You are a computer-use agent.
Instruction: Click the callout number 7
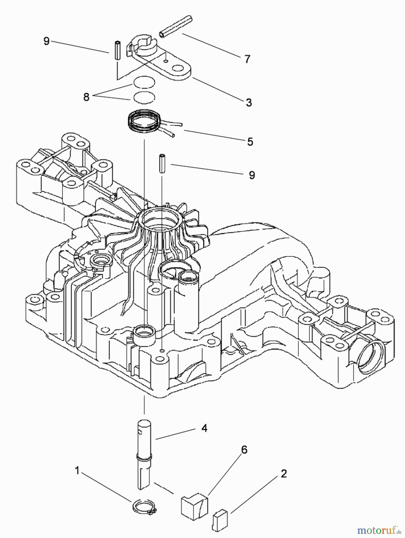point(247,59)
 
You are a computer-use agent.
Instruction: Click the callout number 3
point(249,102)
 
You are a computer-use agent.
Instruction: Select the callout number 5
point(250,141)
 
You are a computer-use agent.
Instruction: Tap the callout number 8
point(86,97)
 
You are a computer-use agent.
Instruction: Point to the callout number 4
point(204,428)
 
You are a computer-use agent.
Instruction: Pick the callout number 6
point(244,450)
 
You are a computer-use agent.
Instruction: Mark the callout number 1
point(77,471)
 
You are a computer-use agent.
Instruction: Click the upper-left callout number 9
point(46,41)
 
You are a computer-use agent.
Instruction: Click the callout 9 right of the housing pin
point(252,175)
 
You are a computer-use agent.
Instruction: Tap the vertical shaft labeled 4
point(144,454)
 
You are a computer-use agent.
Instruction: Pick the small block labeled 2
point(220,520)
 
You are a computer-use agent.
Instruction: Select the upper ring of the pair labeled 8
point(144,82)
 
